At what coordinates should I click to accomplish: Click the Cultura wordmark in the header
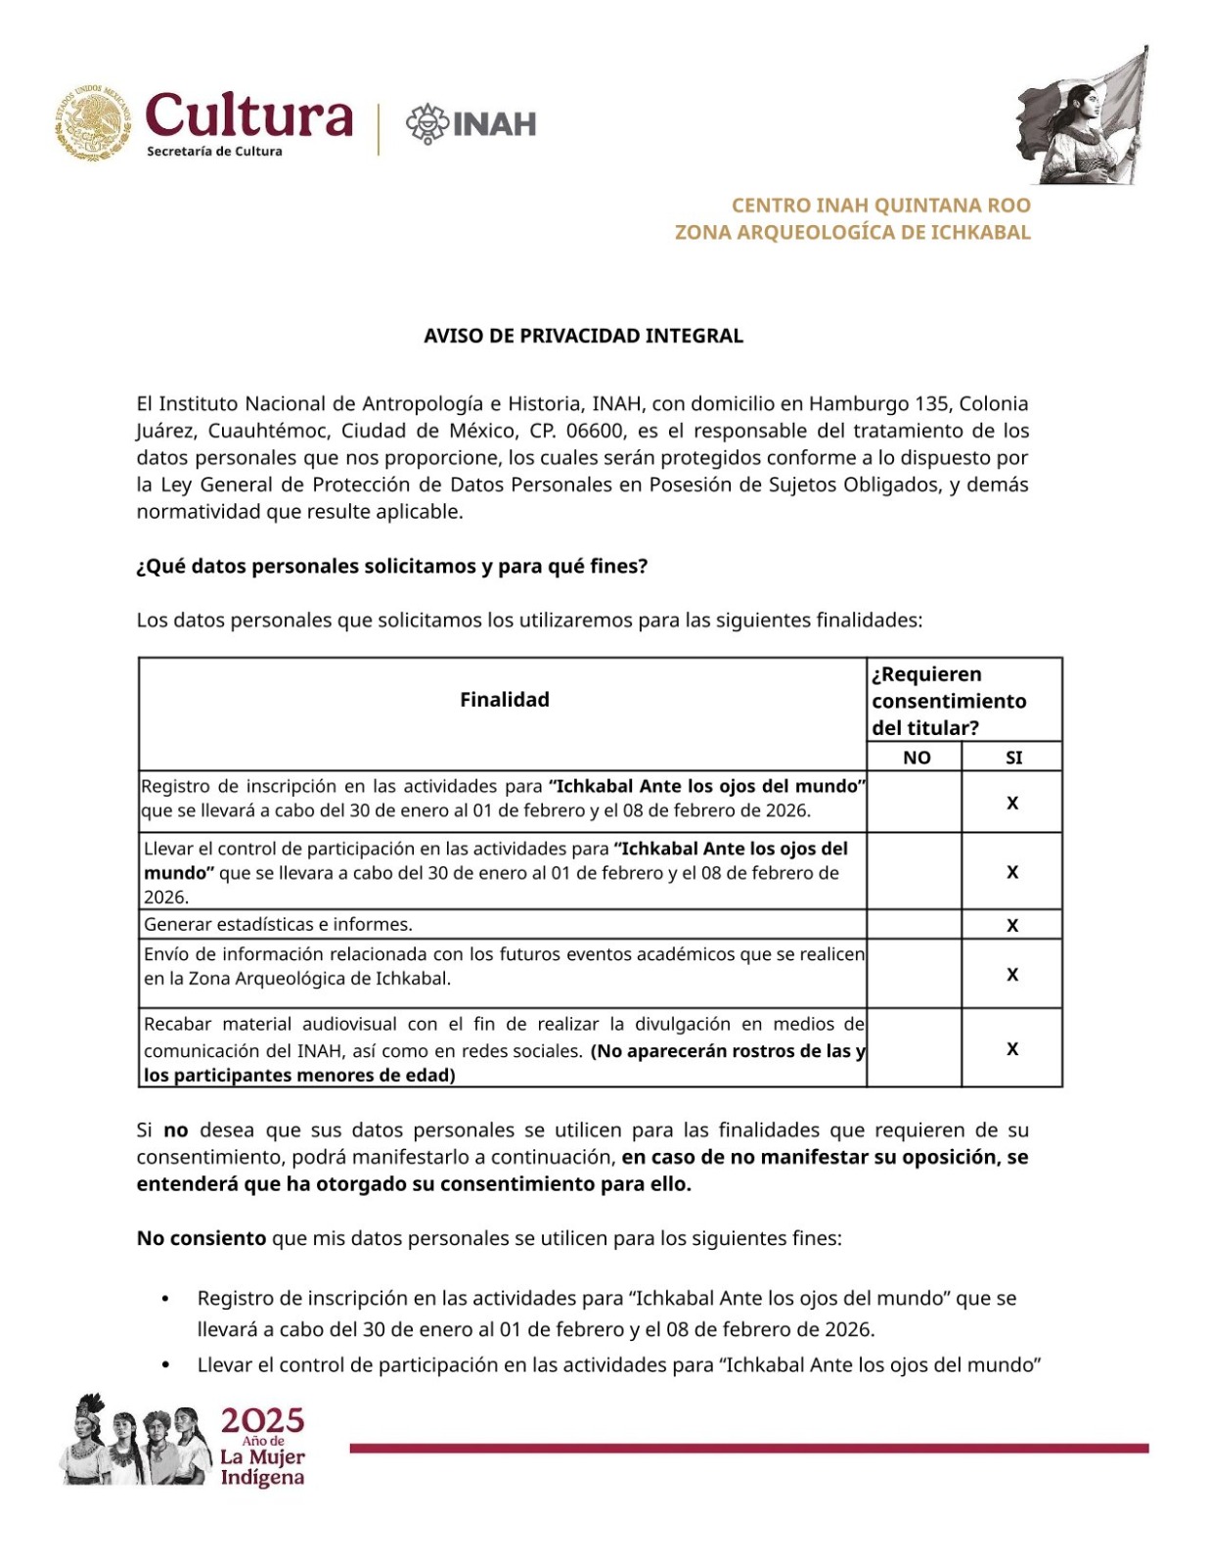tap(248, 115)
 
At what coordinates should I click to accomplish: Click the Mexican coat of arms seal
tap(93, 122)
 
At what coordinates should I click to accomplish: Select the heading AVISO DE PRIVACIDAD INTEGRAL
tap(583, 336)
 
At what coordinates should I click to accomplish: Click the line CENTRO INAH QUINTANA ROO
tap(880, 206)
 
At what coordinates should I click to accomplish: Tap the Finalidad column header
tap(504, 700)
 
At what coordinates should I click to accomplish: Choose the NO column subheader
tap(917, 758)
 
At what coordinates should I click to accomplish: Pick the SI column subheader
tap(1013, 758)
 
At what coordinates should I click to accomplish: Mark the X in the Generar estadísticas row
tap(1012, 925)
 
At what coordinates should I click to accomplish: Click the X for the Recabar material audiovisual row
tap(1012, 1048)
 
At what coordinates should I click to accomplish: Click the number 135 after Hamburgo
tap(931, 403)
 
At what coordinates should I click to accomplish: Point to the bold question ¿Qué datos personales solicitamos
tap(391, 567)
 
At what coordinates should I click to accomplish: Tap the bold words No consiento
tap(202, 1238)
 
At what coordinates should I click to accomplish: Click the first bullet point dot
tap(165, 1299)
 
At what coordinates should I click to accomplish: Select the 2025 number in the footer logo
tap(262, 1420)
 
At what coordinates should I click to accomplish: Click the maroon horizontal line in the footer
tap(748, 1448)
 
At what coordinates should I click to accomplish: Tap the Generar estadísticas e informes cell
tap(279, 924)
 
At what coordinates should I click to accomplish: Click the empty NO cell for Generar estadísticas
tap(914, 924)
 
